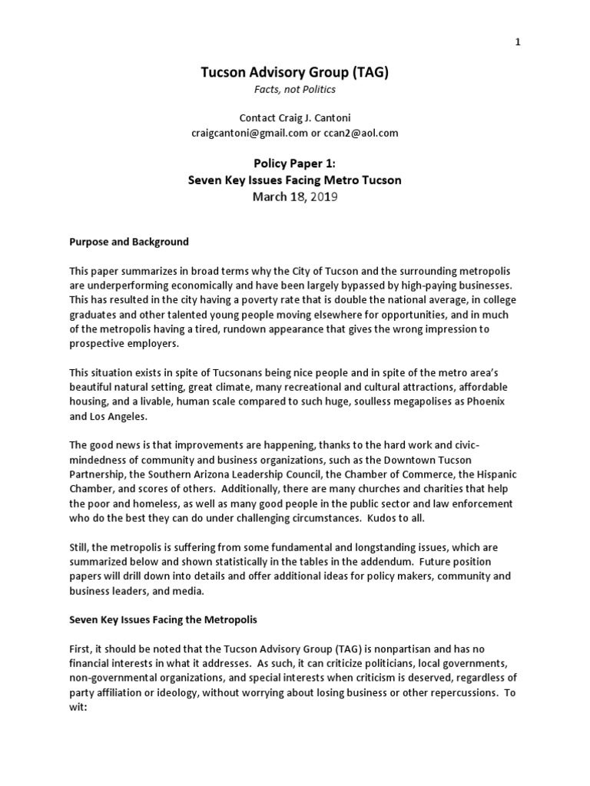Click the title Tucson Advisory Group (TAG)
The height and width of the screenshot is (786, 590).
coord(295,73)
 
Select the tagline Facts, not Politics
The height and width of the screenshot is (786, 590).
coord(295,90)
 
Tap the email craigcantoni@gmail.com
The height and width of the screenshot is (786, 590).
coord(240,133)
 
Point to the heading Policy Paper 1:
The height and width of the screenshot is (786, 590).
coord(295,163)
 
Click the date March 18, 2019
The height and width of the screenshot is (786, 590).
coord(295,197)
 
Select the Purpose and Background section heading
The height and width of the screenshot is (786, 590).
coord(129,242)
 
